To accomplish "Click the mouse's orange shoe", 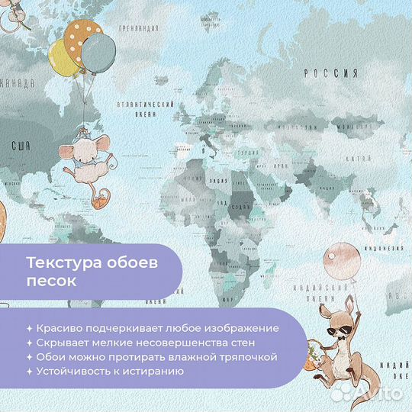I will pos(97,201).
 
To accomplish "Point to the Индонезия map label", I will pos(388,248).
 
